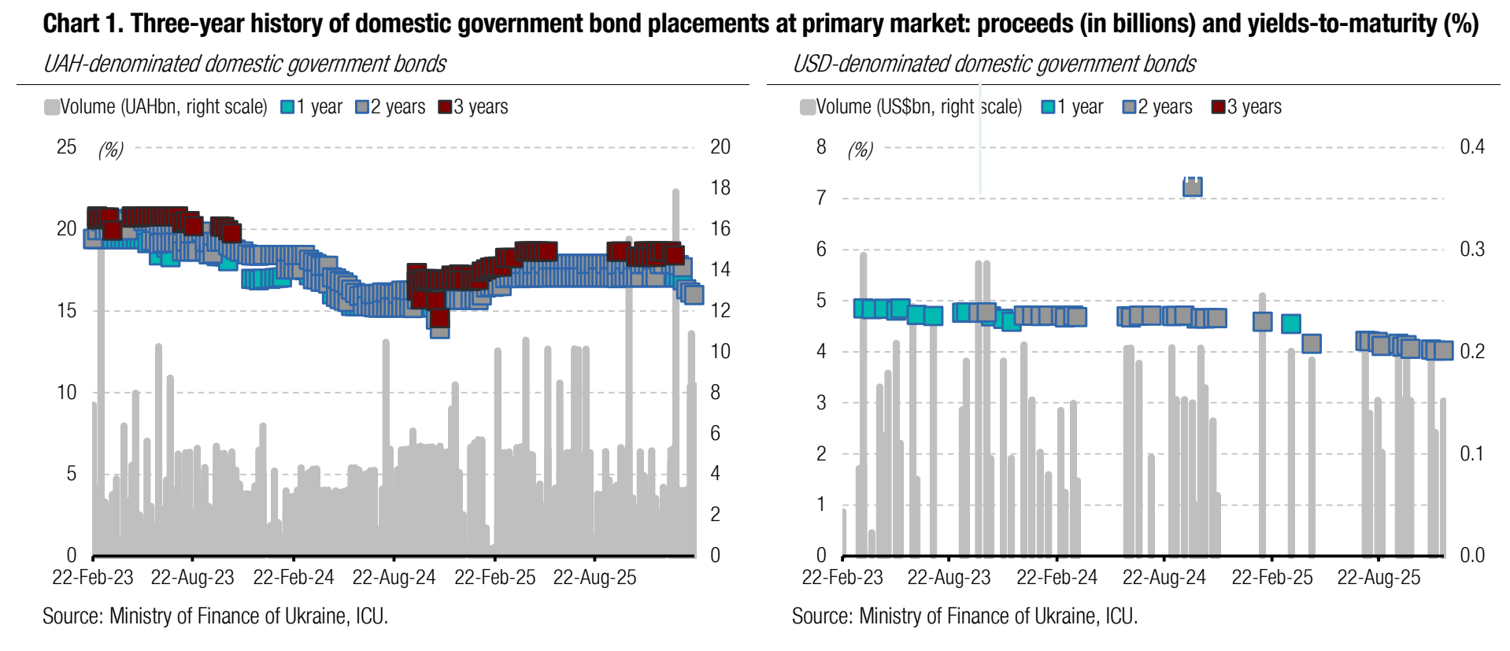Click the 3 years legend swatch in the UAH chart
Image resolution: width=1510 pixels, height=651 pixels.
[446, 107]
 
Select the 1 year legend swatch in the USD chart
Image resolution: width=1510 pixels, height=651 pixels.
[1048, 107]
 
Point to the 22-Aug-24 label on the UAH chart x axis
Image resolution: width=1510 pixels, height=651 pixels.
[394, 578]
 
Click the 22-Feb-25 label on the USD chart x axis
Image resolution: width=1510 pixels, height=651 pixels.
[1272, 578]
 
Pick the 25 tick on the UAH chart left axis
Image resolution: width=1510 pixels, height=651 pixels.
[67, 147]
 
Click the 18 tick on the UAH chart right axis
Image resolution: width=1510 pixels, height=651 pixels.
[720, 188]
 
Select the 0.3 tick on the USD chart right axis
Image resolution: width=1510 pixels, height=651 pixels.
[1472, 250]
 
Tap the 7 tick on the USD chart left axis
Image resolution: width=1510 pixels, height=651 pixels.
[821, 198]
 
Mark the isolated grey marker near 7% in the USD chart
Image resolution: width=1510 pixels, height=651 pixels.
[1193, 187]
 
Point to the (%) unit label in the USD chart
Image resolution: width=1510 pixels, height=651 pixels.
[860, 150]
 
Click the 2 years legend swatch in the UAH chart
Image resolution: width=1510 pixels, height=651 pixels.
[362, 107]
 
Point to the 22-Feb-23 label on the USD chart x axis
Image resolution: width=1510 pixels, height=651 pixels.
[842, 578]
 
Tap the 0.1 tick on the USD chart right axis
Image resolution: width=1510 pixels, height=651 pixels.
[1472, 454]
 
